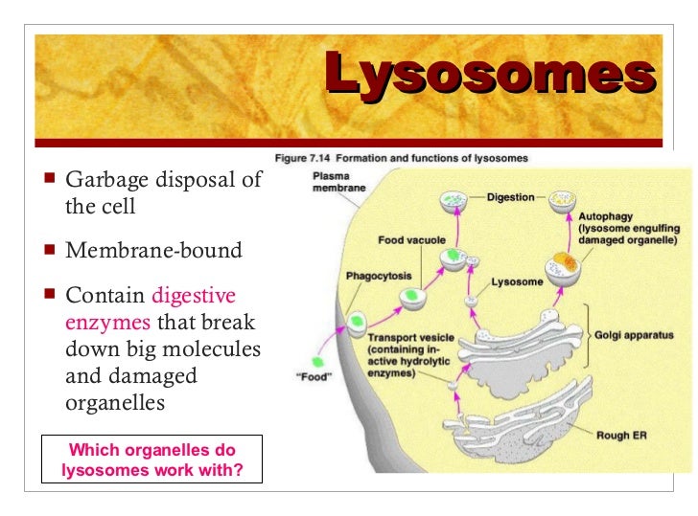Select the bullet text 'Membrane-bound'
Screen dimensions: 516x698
[x=153, y=251]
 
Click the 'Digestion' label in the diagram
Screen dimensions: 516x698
[x=510, y=197]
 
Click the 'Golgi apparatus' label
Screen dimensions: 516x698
[x=634, y=336]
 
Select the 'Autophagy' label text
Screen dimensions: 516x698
[x=605, y=217]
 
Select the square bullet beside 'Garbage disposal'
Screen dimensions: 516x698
[x=50, y=178]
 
